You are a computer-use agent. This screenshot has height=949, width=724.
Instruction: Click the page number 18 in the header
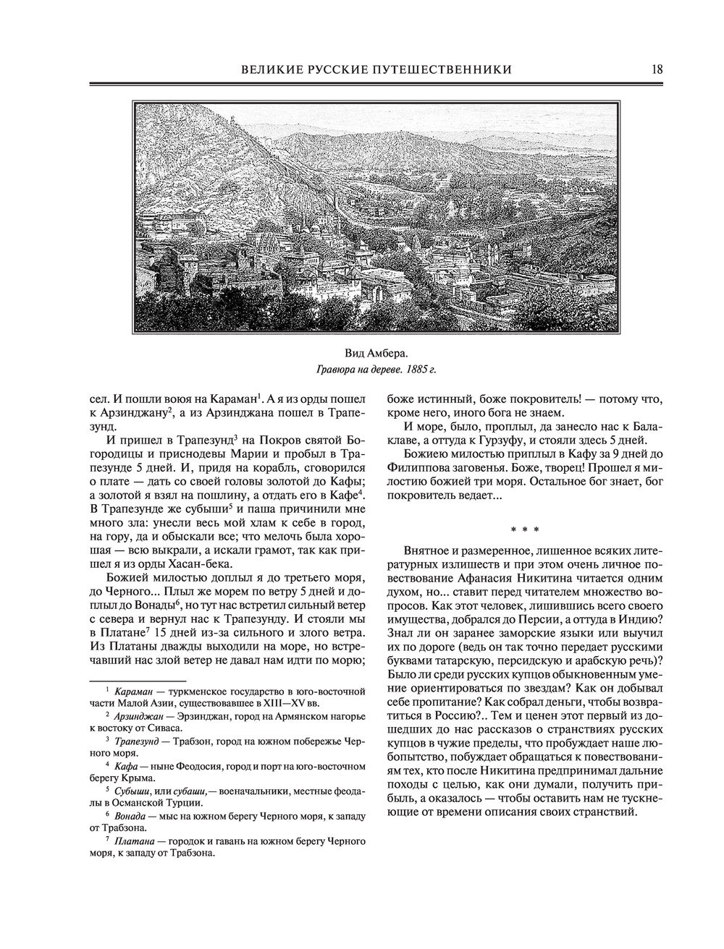click(657, 69)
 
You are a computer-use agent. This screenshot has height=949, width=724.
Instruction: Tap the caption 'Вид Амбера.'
click(376, 353)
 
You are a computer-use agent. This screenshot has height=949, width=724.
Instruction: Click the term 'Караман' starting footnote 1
click(132, 691)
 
